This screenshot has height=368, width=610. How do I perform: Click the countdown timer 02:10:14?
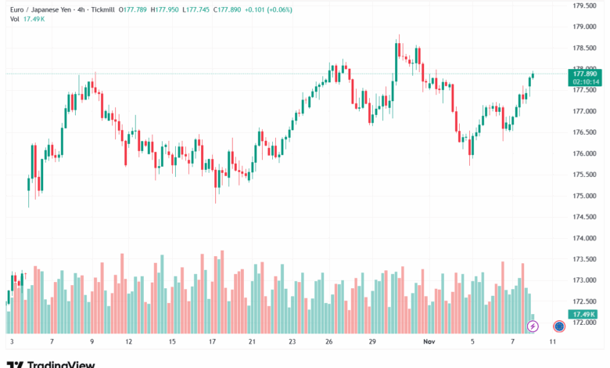585,81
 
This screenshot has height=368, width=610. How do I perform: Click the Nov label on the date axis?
429,342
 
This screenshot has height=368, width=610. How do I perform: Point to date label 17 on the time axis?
212,342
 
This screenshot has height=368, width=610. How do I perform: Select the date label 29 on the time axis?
373,342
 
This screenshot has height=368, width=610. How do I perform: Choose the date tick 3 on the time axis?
12,342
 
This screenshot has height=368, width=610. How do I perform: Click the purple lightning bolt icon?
533,326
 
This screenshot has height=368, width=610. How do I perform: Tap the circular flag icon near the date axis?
559,326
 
